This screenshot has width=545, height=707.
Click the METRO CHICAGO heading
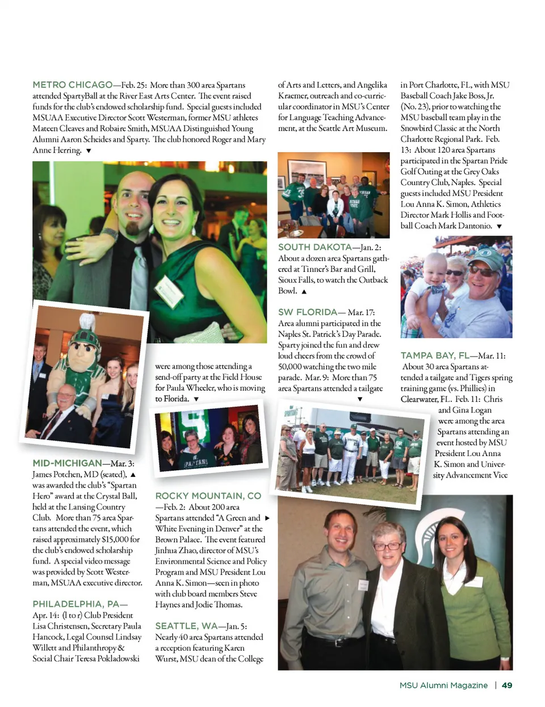73,85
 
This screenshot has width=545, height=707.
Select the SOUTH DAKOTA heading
315,247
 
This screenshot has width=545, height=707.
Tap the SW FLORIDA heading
308,312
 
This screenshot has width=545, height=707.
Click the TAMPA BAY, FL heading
435,355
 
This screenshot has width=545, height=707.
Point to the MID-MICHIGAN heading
67,463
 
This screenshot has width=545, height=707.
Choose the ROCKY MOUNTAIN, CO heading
208,496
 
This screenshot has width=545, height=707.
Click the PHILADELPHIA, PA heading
80,604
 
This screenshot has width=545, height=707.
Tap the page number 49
507,685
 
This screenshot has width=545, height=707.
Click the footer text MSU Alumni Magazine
443,685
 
